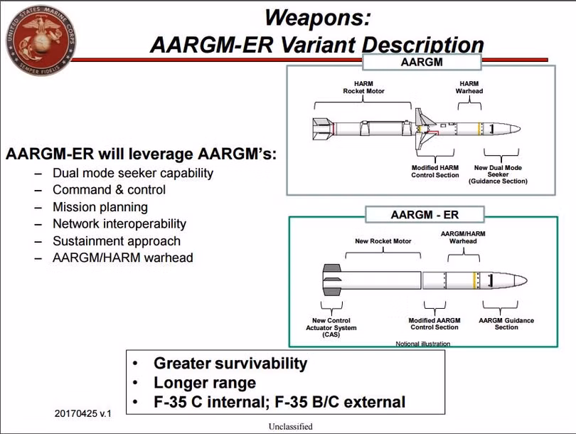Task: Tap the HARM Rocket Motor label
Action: pyautogui.click(x=363, y=87)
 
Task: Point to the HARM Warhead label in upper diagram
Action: pyautogui.click(x=469, y=87)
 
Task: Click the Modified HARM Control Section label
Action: pyautogui.click(x=435, y=171)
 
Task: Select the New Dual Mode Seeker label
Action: pyautogui.click(x=497, y=174)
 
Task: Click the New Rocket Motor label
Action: pyautogui.click(x=383, y=241)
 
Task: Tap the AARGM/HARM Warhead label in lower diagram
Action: pyautogui.click(x=459, y=237)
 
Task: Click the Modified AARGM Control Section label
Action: pyautogui.click(x=434, y=324)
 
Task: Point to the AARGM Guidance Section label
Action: pyautogui.click(x=506, y=324)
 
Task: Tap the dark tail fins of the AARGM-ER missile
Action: pyautogui.click(x=332, y=280)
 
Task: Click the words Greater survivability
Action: pyautogui.click(x=230, y=364)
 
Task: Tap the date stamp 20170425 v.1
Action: pyautogui.click(x=82, y=413)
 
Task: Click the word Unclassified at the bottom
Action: pyautogui.click(x=289, y=427)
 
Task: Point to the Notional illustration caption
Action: pyautogui.click(x=422, y=344)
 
